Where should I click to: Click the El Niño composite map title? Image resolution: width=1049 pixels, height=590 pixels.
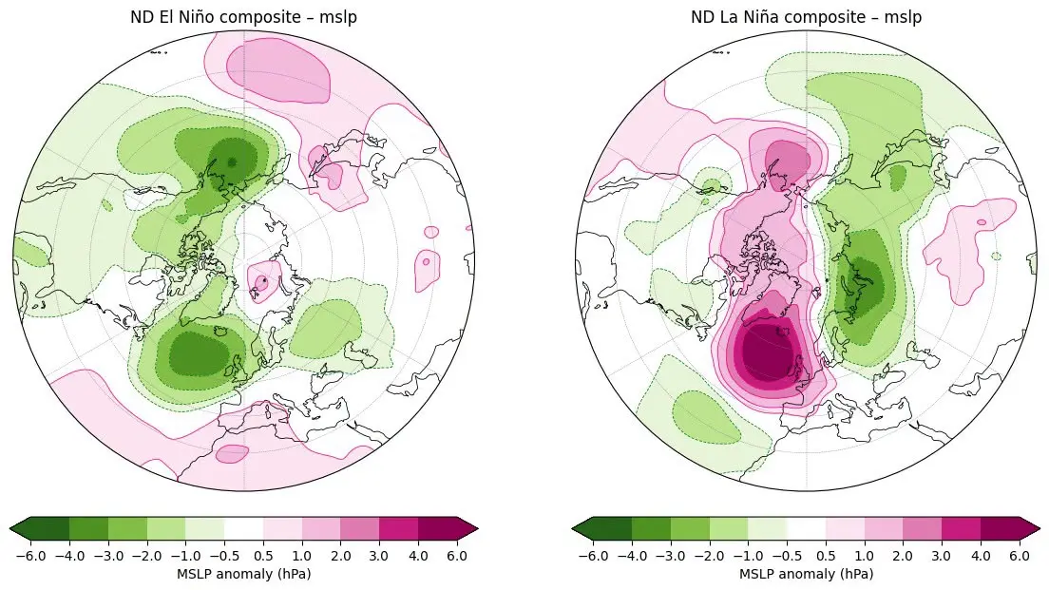pyautogui.click(x=243, y=17)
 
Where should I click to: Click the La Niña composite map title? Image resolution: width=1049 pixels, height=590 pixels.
pyautogui.click(x=806, y=17)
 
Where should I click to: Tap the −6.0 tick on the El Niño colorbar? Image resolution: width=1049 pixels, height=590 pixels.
pyautogui.click(x=30, y=556)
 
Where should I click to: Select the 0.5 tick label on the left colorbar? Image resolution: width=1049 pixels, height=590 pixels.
pyautogui.click(x=263, y=556)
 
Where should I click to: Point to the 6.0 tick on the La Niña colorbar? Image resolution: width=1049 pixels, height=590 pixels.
pyautogui.click(x=1019, y=556)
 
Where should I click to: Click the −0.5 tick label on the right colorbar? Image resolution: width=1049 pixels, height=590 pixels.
pyautogui.click(x=787, y=556)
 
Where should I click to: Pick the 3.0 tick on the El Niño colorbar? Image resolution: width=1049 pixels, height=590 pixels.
pyautogui.click(x=379, y=556)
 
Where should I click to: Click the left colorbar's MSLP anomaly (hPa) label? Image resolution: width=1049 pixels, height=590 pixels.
pyautogui.click(x=243, y=574)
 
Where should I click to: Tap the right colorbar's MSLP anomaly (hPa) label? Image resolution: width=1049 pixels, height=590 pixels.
pyautogui.click(x=806, y=574)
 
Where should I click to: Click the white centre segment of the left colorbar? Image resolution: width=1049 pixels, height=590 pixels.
pyautogui.click(x=243, y=528)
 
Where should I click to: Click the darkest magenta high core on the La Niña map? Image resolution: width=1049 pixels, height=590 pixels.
pyautogui.click(x=768, y=352)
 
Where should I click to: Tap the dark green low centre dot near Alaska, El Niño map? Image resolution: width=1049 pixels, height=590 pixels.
pyautogui.click(x=232, y=162)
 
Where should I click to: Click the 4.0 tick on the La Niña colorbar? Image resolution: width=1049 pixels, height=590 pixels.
pyautogui.click(x=980, y=556)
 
